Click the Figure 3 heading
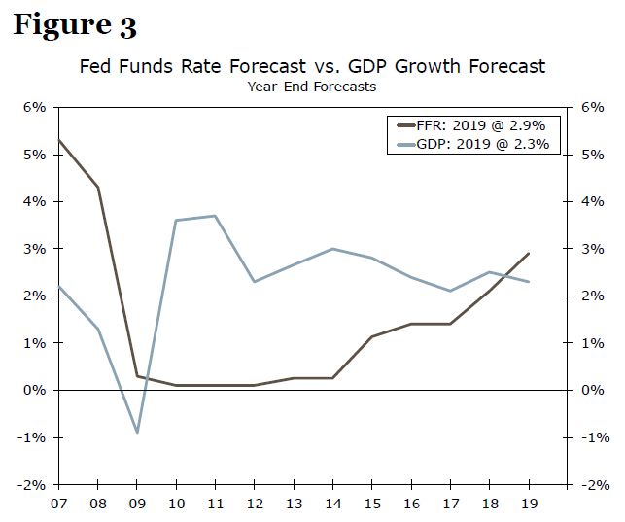(74, 25)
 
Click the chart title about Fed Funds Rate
(312, 67)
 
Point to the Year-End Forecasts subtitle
(311, 87)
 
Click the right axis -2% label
(591, 485)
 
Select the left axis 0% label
(35, 390)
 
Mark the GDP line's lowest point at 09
(137, 432)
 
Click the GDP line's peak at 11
(215, 216)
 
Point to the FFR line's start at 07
(59, 141)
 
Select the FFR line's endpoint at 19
(528, 254)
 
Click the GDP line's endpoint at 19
(528, 282)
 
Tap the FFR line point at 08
(98, 187)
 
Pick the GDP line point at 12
(254, 282)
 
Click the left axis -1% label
(33, 437)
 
